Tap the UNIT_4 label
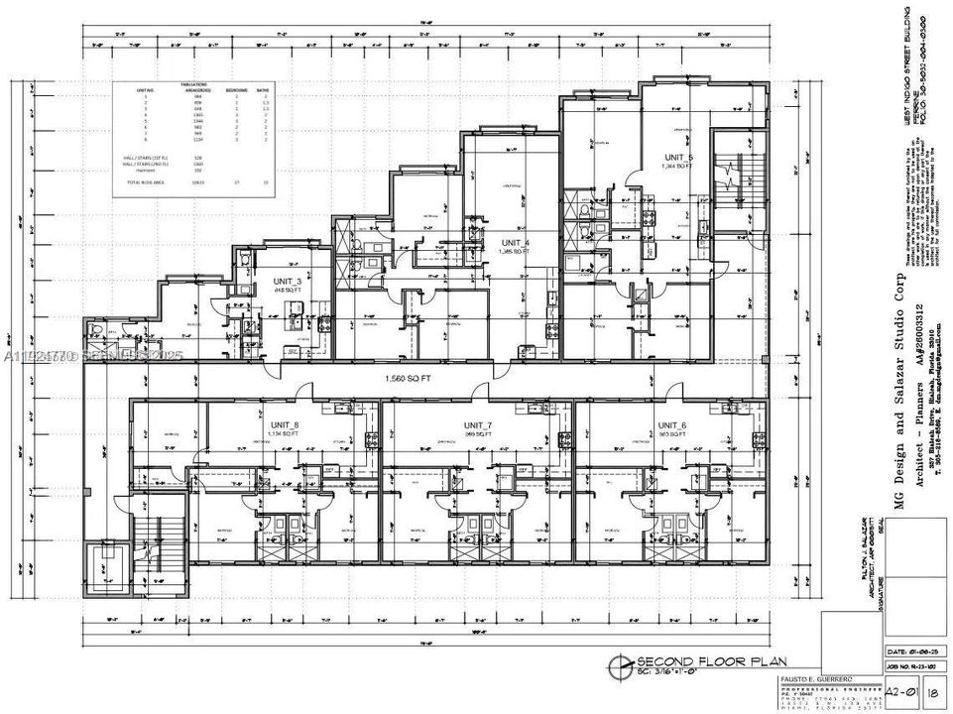click(x=516, y=243)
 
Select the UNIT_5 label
click(x=679, y=159)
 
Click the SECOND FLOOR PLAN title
click(x=687, y=661)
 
